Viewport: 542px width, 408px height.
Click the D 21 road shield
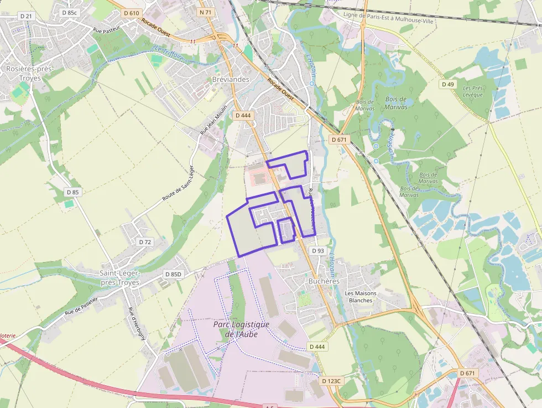26,16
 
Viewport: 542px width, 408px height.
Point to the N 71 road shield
205,12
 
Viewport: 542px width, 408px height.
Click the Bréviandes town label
231,79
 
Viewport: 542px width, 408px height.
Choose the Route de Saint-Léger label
179,183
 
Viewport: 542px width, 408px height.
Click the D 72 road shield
145,242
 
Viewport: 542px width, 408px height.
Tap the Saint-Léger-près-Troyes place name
119,277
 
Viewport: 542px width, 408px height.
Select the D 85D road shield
173,274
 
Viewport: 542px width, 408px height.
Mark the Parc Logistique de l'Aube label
241,329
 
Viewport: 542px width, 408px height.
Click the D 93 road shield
317,251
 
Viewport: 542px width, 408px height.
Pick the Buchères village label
324,281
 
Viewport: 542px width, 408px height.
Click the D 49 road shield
447,84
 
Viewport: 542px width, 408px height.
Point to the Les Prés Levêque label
473,91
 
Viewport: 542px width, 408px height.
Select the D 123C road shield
332,381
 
